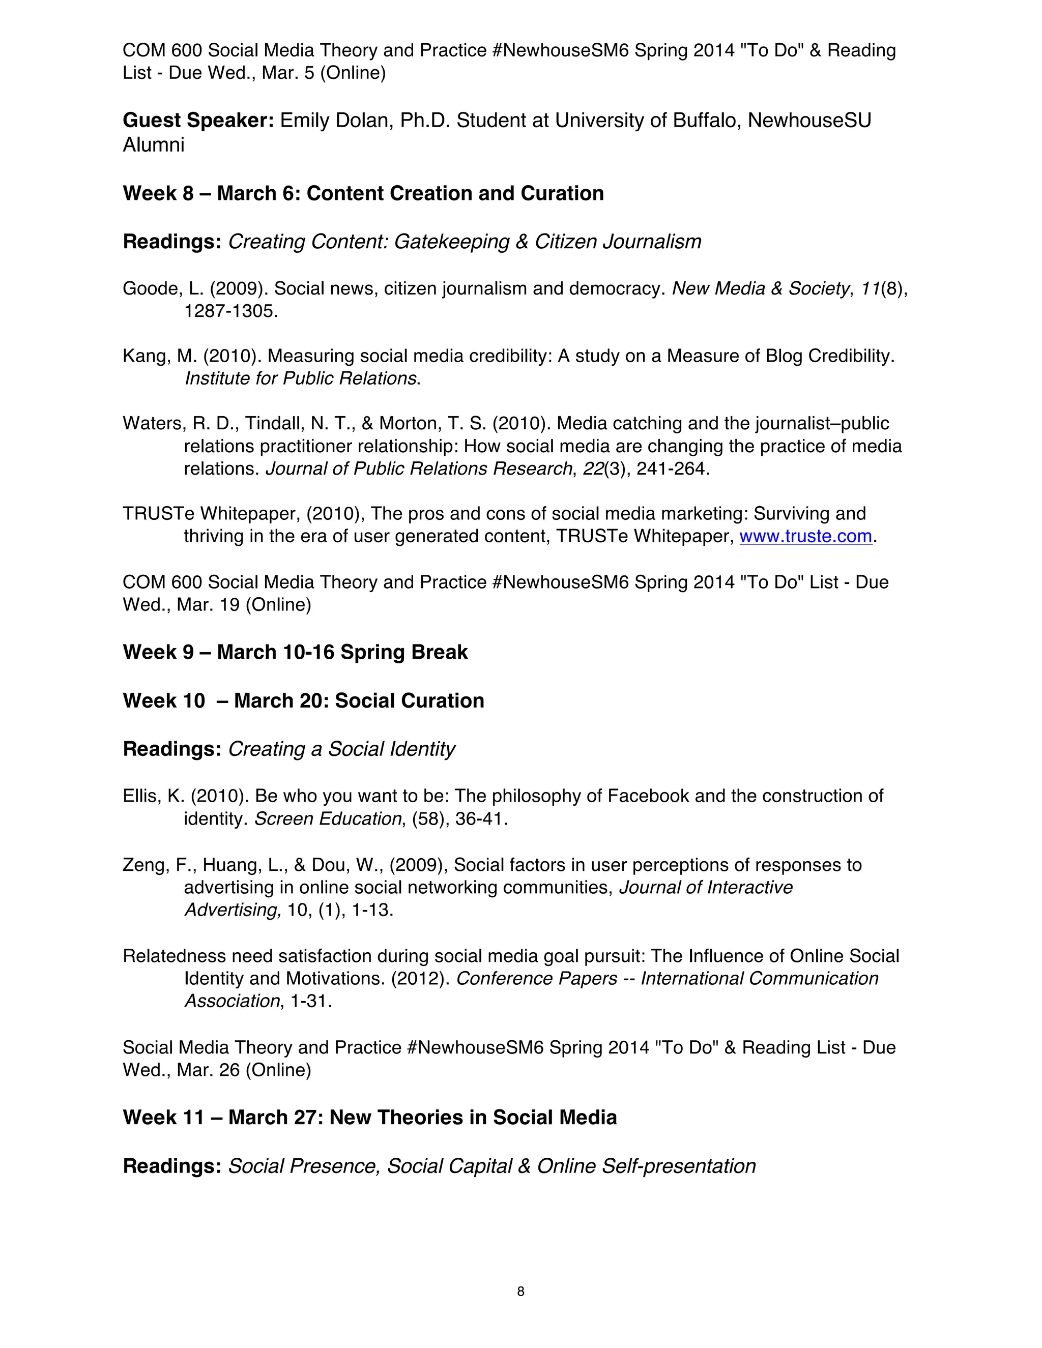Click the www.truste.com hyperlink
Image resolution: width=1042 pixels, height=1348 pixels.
click(805, 536)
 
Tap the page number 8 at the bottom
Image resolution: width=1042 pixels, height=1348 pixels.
click(520, 1291)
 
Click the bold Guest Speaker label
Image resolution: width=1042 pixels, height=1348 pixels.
click(198, 121)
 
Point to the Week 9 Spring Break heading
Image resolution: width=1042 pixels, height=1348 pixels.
click(295, 653)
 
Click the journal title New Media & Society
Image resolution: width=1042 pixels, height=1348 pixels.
click(760, 289)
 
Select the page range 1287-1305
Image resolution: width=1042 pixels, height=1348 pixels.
click(231, 311)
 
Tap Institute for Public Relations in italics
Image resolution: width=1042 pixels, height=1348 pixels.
click(301, 378)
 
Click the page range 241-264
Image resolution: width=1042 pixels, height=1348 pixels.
click(672, 469)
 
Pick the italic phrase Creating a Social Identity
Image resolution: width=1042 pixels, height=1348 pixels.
click(341, 749)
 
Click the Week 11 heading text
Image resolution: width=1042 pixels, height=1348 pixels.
click(369, 1118)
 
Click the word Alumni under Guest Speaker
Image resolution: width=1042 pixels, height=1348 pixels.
click(154, 145)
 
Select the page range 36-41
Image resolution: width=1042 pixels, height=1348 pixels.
click(478, 819)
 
